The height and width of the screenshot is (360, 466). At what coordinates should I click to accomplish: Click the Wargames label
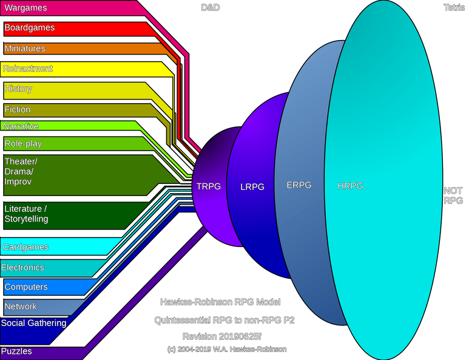(x=25, y=8)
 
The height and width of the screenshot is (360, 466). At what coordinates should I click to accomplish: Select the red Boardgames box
(x=29, y=28)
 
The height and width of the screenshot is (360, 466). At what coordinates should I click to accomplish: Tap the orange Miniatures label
(x=25, y=49)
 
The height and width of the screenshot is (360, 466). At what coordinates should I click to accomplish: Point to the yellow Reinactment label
(x=28, y=69)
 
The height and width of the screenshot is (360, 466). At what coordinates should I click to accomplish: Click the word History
(x=18, y=89)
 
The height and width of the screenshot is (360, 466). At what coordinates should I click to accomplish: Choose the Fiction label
(x=18, y=110)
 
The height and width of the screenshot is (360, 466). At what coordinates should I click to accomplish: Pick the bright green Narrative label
(x=21, y=126)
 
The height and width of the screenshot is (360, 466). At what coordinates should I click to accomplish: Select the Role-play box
(x=23, y=144)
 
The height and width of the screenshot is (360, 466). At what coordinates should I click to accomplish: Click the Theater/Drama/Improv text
(x=21, y=171)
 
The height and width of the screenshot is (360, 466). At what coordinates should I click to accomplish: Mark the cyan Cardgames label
(x=25, y=247)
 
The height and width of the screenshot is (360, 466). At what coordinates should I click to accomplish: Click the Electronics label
(x=23, y=267)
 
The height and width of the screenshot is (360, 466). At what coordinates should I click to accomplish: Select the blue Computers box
(x=26, y=287)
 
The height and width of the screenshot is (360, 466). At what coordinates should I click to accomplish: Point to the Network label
(x=21, y=307)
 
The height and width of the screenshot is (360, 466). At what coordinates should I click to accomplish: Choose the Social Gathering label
(x=33, y=323)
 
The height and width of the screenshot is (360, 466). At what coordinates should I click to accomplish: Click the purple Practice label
(x=17, y=352)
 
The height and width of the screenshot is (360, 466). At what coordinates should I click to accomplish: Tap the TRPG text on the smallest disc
(x=209, y=186)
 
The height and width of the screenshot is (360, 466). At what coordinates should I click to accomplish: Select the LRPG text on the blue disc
(x=252, y=187)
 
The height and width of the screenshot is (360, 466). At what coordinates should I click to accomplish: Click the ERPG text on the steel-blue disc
(x=299, y=185)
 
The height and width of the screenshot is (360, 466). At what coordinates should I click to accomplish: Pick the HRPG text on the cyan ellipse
(x=350, y=186)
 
